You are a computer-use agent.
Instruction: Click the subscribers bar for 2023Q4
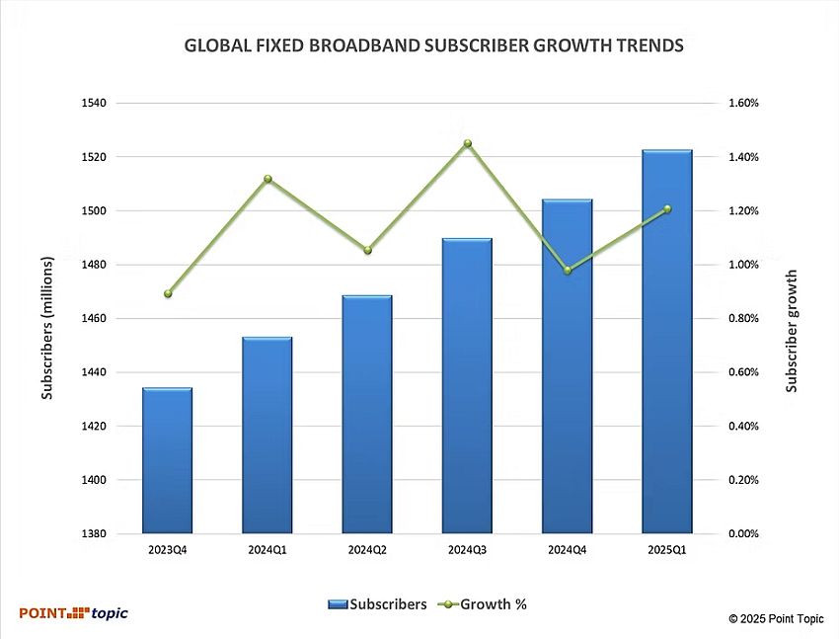pos(167,460)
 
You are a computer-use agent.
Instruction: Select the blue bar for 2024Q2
pos(367,415)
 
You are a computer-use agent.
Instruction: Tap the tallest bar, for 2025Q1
pos(666,342)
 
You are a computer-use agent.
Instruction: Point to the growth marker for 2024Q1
pos(267,179)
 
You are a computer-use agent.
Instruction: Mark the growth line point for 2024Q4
pos(568,270)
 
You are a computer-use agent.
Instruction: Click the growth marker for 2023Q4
pos(168,293)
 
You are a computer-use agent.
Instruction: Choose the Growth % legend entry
pos(484,604)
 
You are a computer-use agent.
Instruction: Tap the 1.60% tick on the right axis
pos(743,103)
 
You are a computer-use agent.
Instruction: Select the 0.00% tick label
pos(743,534)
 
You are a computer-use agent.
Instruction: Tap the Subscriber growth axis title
pos(792,331)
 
